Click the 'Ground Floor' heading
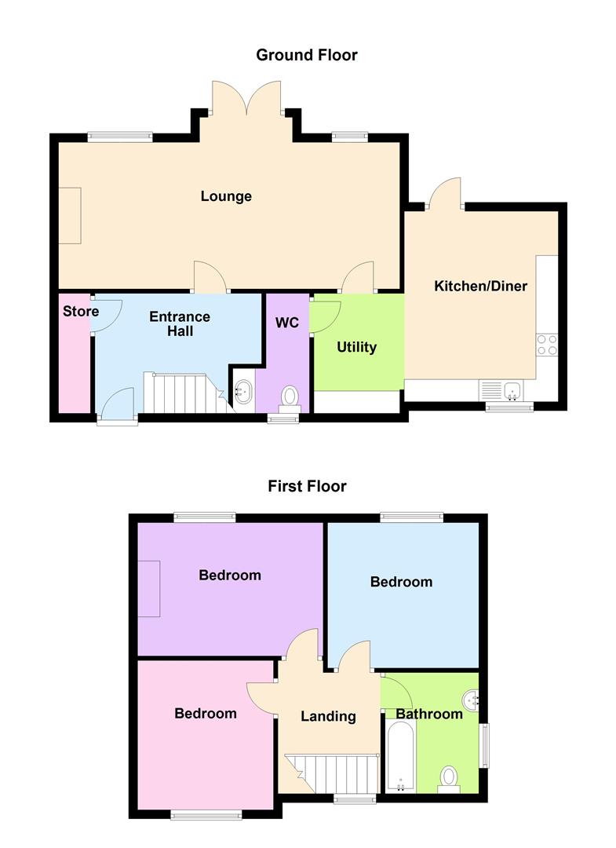point(307,55)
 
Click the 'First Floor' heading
point(307,486)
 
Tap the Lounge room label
point(226,196)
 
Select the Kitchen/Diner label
point(480,286)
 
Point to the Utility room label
point(357,347)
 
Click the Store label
point(80,312)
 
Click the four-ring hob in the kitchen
point(546,345)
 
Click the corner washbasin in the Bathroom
point(471,697)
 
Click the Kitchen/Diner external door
point(445,193)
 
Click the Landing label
point(328,716)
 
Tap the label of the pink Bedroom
point(206,714)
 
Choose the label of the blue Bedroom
point(401,582)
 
